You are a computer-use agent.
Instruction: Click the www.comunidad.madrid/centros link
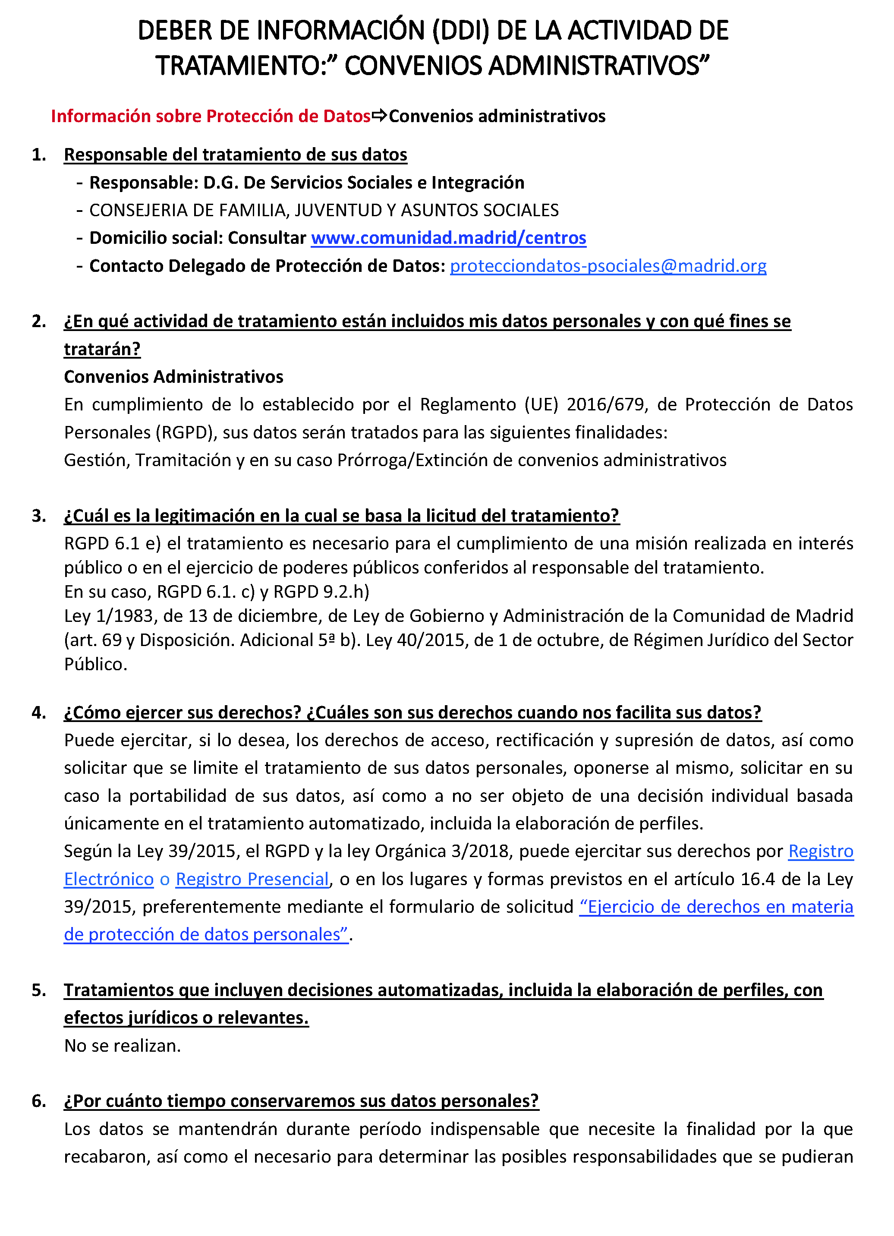pyautogui.click(x=448, y=238)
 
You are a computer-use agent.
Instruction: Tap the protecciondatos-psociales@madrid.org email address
pyautogui.click(x=608, y=266)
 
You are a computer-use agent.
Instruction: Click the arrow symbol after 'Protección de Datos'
pyautogui.click(x=379, y=116)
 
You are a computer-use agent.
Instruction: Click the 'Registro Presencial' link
pyautogui.click(x=252, y=879)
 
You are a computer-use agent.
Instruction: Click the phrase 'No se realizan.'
pyautogui.click(x=122, y=1046)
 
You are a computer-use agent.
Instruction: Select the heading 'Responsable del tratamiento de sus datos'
pyautogui.click(x=235, y=155)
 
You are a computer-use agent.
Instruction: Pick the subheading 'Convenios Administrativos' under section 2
pyautogui.click(x=173, y=377)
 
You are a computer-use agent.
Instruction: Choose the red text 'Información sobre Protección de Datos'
pyautogui.click(x=210, y=116)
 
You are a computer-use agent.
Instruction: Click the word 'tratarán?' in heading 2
pyautogui.click(x=102, y=349)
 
